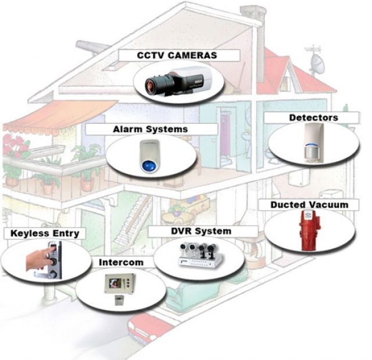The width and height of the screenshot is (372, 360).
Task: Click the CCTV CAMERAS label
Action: pyautogui.click(x=177, y=55)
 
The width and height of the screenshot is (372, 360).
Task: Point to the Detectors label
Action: pyautogui.click(x=313, y=117)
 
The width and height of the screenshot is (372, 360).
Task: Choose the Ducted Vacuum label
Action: pyautogui.click(x=309, y=205)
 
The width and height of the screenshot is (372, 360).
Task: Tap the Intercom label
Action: pyautogui.click(x=121, y=262)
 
